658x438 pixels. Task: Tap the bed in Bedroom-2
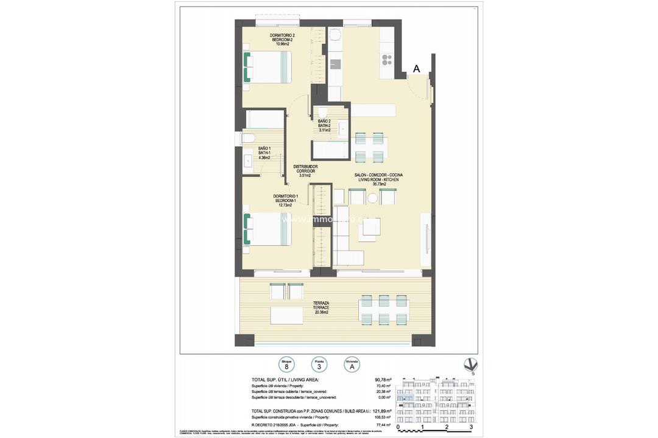(268, 67)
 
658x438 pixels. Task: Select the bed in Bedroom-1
(268, 229)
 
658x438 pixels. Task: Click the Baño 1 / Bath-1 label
(264, 153)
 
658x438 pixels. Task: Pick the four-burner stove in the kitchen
(386, 59)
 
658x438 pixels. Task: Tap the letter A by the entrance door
(417, 69)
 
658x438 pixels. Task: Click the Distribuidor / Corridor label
(305, 171)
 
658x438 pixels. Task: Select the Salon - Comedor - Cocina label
(379, 179)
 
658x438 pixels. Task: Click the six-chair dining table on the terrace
(384, 310)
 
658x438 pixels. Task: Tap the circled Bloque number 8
(287, 367)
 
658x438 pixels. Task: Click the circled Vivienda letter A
(352, 367)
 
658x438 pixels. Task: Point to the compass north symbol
(470, 366)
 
